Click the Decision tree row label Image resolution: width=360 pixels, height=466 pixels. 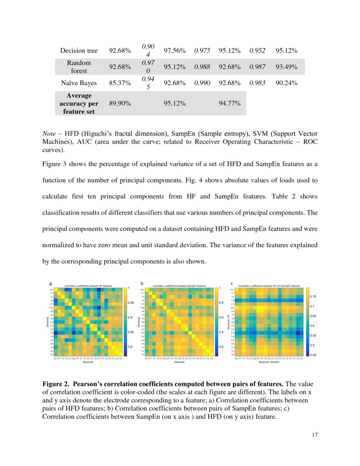pyautogui.click(x=79, y=51)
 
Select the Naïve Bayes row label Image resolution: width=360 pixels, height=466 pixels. pyautogui.click(x=79, y=83)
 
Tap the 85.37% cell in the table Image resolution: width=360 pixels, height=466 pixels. pyautogui.click(x=120, y=83)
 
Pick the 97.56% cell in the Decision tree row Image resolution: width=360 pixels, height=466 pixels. pyautogui.click(x=174, y=51)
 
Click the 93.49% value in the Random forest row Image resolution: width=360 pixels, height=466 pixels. pyautogui.click(x=286, y=67)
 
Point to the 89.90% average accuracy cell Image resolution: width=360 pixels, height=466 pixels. pyautogui.click(x=120, y=103)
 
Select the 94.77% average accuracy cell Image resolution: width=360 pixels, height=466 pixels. pyautogui.click(x=230, y=103)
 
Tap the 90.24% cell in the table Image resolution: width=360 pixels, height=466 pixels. pyautogui.click(x=286, y=83)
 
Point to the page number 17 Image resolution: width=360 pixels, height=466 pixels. pyautogui.click(x=314, y=435)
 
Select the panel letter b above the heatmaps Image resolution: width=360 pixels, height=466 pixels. pyautogui.click(x=142, y=283)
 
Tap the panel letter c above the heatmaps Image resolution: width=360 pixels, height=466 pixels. pyautogui.click(x=232, y=283)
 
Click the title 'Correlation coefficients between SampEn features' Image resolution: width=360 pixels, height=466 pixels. pyautogui.click(x=179, y=286)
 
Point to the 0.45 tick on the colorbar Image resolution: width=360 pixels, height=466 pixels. pyautogui.click(x=313, y=355)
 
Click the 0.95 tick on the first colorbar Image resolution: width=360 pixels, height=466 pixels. pyautogui.click(x=131, y=303)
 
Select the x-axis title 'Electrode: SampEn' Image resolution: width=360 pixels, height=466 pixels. pyautogui.click(x=269, y=362)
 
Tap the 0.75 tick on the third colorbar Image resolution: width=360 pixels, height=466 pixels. pyautogui.click(x=313, y=297)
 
